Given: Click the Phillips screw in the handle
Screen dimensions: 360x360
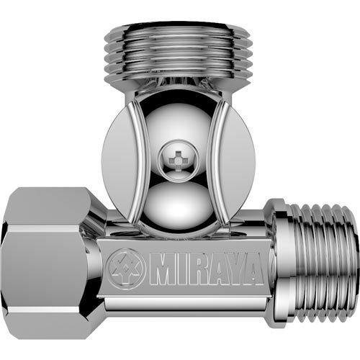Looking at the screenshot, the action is [177, 159].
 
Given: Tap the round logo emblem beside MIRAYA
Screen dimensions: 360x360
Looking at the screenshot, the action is [125, 269].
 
